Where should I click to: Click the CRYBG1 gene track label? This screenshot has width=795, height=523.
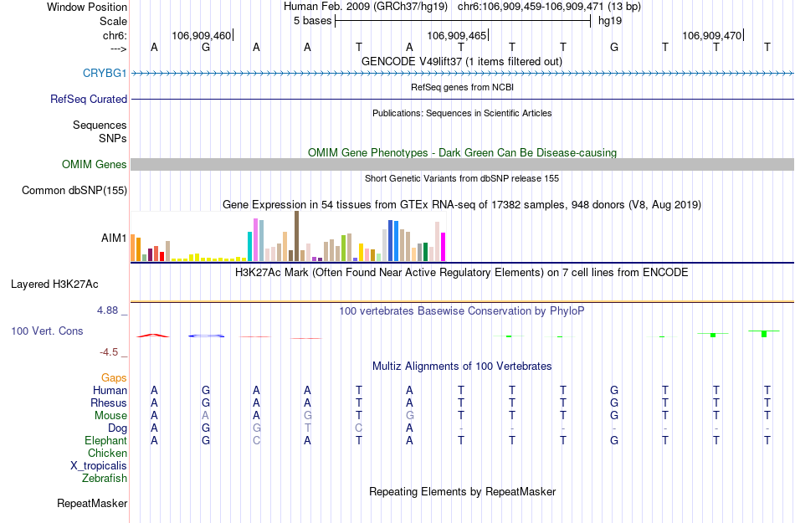[x=105, y=74]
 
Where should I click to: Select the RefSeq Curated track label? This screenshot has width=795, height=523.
[x=89, y=100]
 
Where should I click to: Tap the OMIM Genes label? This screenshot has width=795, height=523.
[x=95, y=165]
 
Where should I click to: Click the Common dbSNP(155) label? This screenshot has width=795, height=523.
[x=74, y=191]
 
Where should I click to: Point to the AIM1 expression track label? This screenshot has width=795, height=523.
[x=114, y=238]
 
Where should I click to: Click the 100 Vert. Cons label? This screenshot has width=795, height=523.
[x=47, y=331]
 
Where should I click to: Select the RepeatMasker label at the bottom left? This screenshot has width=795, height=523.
[x=92, y=504]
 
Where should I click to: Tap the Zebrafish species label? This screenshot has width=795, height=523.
[x=105, y=479]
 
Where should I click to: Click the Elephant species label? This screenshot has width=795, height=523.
[x=106, y=441]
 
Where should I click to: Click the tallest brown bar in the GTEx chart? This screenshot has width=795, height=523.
[x=296, y=236]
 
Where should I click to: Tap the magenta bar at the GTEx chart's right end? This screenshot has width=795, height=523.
[x=443, y=247]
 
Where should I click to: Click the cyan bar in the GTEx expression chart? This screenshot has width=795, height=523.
[x=250, y=246]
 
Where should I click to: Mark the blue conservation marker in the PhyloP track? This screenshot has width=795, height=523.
[x=206, y=336]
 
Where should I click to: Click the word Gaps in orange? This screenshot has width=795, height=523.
[x=115, y=378]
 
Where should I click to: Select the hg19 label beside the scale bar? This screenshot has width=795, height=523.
[x=609, y=21]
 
